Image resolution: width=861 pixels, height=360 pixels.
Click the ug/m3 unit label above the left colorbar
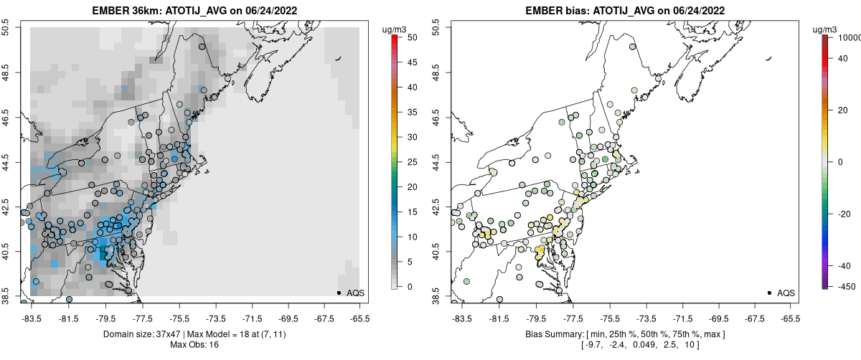point(394,29)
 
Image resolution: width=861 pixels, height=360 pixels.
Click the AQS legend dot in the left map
point(339,293)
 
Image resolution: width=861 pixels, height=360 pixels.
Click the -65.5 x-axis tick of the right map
point(790,318)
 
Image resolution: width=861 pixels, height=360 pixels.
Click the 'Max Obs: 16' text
point(195,345)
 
